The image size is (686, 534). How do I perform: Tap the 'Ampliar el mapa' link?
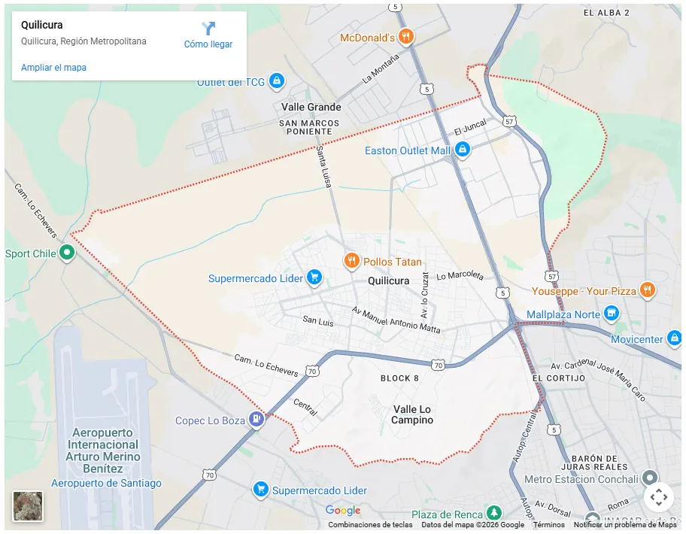pyautogui.click(x=53, y=68)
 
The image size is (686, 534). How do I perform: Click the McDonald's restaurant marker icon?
pyautogui.click(x=406, y=36)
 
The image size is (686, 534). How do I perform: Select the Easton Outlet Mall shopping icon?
pyautogui.click(x=462, y=150)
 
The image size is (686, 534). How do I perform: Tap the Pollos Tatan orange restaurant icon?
pyautogui.click(x=351, y=261)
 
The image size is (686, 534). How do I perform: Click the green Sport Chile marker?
pyautogui.click(x=67, y=253)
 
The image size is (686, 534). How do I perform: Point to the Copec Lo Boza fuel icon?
pyautogui.click(x=256, y=419)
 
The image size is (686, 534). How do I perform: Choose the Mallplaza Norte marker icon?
pyautogui.click(x=612, y=313)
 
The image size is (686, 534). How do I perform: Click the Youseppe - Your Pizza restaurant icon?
pyautogui.click(x=647, y=290)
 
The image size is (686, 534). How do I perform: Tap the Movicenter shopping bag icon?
pyautogui.click(x=675, y=338)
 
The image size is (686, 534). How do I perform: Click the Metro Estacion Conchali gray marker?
pyautogui.click(x=649, y=478)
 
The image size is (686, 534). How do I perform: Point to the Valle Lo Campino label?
pyautogui.click(x=412, y=414)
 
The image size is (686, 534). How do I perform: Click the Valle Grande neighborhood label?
pyautogui.click(x=311, y=107)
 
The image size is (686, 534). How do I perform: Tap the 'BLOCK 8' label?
pyautogui.click(x=399, y=378)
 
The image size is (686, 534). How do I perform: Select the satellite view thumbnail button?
pyautogui.click(x=28, y=506)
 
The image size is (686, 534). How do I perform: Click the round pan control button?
pyautogui.click(x=658, y=496)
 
